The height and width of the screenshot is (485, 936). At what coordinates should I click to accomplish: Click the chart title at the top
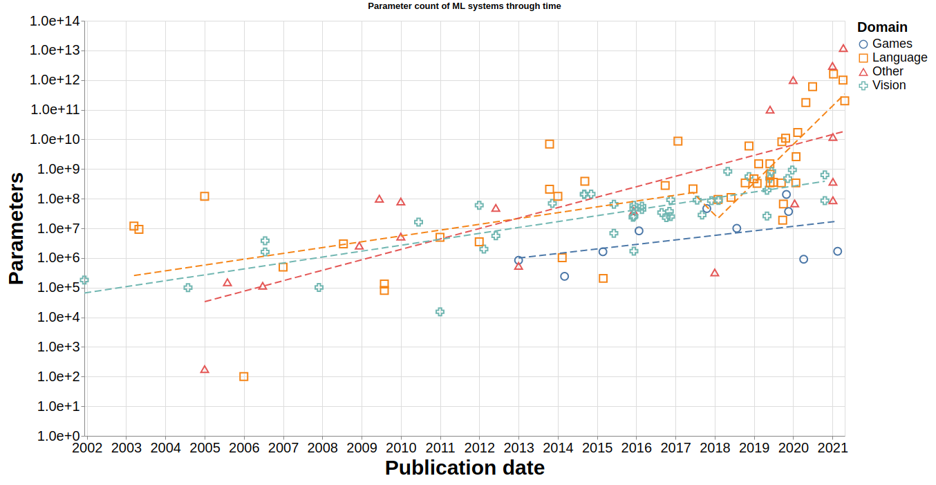click(464, 6)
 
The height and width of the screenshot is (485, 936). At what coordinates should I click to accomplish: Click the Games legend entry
click(892, 44)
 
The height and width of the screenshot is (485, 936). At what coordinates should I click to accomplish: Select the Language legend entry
click(899, 57)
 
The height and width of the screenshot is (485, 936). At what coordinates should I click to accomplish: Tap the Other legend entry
click(888, 71)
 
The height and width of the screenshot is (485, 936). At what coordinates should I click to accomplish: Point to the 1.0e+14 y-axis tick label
click(55, 21)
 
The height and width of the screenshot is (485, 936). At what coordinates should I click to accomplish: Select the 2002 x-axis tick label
click(87, 448)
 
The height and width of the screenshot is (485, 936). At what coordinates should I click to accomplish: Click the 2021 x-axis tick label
click(832, 448)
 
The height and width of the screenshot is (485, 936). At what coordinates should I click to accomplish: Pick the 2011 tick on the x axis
click(440, 448)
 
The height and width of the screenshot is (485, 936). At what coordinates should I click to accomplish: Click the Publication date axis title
click(465, 468)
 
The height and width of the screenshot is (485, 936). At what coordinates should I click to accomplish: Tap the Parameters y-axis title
click(16, 228)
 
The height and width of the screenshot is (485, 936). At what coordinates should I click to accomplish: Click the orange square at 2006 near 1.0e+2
click(243, 376)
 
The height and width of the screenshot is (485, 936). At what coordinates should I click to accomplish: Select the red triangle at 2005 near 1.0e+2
click(205, 369)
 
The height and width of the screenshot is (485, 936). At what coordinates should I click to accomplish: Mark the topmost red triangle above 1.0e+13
click(843, 48)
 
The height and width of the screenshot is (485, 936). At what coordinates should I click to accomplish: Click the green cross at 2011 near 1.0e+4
click(440, 312)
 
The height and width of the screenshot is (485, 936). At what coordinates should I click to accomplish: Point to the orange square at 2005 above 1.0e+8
click(205, 196)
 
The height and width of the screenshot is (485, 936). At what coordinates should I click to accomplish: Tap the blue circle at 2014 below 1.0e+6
click(564, 276)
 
